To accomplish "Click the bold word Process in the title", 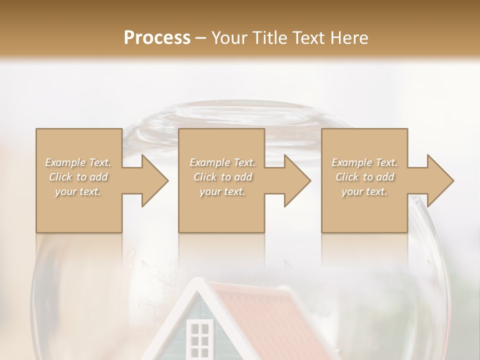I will pyautogui.click(x=157, y=38).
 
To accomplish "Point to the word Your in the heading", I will pyautogui.click(x=230, y=38).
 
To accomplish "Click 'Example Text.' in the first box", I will pyautogui.click(x=78, y=162).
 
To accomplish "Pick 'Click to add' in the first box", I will pyautogui.click(x=78, y=177).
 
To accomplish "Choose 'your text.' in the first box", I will pyautogui.click(x=78, y=191).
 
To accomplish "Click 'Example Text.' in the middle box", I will pyautogui.click(x=222, y=162).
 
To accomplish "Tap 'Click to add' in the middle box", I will pyautogui.click(x=222, y=177).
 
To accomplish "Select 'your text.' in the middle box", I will pyautogui.click(x=222, y=191).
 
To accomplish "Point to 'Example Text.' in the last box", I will pyautogui.click(x=364, y=162).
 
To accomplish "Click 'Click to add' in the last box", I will pyautogui.click(x=364, y=177).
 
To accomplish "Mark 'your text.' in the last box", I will pyautogui.click(x=364, y=191).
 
